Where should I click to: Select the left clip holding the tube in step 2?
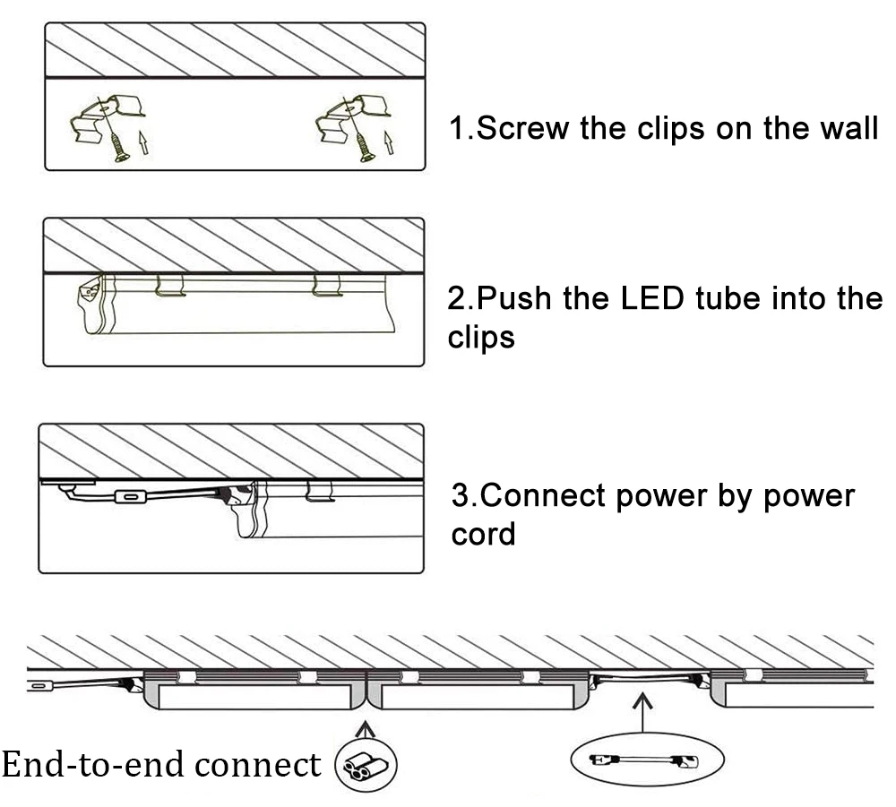tap(169, 285)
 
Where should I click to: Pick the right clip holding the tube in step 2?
tap(326, 285)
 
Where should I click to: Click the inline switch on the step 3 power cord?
tap(131, 496)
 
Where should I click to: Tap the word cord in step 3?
tap(484, 534)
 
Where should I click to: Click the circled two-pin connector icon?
tap(365, 766)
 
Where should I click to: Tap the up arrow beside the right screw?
tap(388, 142)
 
